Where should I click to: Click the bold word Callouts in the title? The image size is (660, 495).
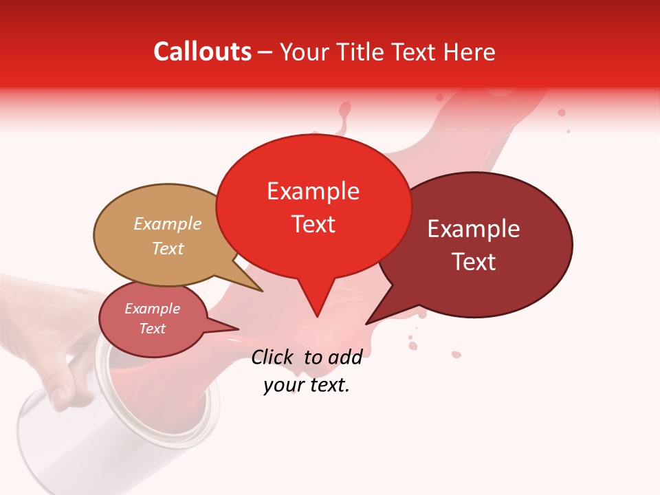(x=203, y=52)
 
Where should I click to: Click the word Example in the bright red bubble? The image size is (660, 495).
(x=313, y=191)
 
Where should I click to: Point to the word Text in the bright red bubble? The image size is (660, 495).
(x=313, y=224)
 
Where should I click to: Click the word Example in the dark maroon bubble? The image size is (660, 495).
(x=474, y=229)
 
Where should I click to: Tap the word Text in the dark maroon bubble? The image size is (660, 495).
(x=474, y=262)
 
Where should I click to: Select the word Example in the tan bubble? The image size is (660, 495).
(x=168, y=224)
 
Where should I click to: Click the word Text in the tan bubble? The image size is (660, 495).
(x=168, y=248)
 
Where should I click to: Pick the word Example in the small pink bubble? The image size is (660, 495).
(x=152, y=309)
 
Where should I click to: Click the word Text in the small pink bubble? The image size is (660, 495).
(x=152, y=329)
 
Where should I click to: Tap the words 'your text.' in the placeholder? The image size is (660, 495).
(x=307, y=386)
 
